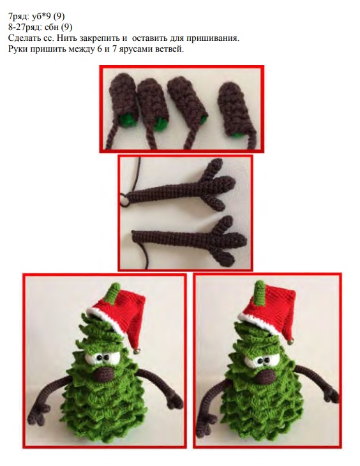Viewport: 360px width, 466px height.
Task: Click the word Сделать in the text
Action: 22,38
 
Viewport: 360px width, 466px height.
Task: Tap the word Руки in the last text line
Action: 17,49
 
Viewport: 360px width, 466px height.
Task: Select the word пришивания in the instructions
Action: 213,38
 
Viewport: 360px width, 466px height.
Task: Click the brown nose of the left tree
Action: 105,373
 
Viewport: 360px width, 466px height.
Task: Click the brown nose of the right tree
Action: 266,377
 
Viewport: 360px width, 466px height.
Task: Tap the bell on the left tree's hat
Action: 137,350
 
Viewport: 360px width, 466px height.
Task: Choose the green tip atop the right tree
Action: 260,294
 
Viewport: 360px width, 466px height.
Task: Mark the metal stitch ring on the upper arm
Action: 124,199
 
